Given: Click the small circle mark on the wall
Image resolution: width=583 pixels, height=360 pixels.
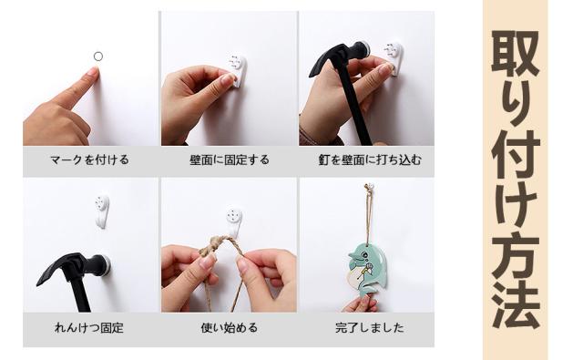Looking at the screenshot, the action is click(x=98, y=57).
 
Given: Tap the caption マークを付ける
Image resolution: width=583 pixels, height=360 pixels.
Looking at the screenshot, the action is click(x=89, y=159).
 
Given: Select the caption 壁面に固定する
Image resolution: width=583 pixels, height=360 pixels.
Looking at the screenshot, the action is click(x=230, y=159).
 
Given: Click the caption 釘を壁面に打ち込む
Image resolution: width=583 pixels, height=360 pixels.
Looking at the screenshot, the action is click(x=370, y=159).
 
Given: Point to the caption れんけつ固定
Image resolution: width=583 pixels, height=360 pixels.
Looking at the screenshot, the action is click(x=89, y=327).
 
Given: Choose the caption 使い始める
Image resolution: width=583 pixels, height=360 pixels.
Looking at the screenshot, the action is click(x=230, y=327).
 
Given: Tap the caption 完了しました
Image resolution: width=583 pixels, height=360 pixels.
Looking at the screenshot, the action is click(x=370, y=327).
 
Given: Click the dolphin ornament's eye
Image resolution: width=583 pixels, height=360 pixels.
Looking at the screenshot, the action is click(x=364, y=255).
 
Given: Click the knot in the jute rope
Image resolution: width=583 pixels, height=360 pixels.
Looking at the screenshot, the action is click(x=212, y=244).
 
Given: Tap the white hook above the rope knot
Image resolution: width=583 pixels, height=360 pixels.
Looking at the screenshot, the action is click(x=234, y=222).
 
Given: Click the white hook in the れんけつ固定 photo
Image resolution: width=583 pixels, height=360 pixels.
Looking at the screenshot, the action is click(x=101, y=211).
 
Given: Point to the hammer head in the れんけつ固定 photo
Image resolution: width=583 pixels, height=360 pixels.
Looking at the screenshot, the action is click(x=74, y=267).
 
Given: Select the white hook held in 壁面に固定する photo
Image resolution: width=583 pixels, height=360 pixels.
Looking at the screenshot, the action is click(x=237, y=71).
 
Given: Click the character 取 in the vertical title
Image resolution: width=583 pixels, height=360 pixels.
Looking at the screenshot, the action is click(x=516, y=54).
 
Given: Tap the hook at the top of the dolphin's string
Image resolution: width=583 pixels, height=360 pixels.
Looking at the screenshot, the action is click(x=369, y=187).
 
